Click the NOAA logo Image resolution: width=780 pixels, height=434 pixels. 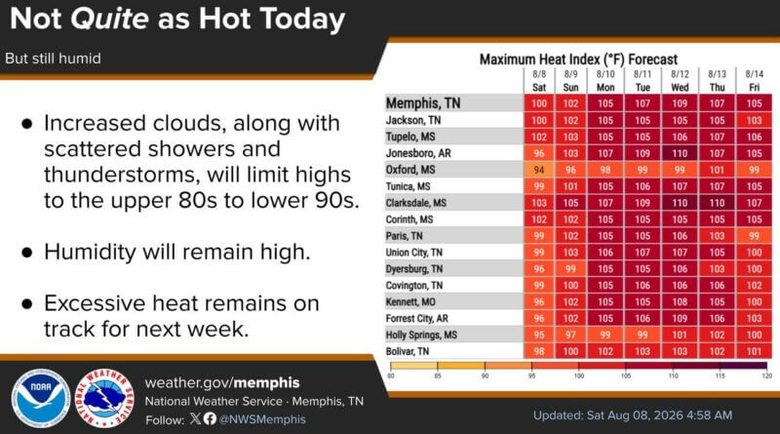pyautogui.click(x=41, y=399)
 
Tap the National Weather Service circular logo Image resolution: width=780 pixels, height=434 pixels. pyautogui.click(x=104, y=399)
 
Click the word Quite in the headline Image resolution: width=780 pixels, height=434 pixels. pyautogui.click(x=109, y=19)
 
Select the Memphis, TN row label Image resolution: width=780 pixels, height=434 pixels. pyautogui.click(x=423, y=103)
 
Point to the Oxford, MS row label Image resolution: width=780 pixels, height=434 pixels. pyautogui.click(x=410, y=170)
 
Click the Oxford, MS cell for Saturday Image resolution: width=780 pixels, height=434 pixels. pyautogui.click(x=539, y=170)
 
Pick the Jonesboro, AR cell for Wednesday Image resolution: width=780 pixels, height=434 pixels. pyautogui.click(x=680, y=153)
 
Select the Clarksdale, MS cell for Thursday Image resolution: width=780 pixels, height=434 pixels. pyautogui.click(x=717, y=203)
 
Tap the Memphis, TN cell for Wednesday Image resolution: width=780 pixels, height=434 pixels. pyautogui.click(x=680, y=103)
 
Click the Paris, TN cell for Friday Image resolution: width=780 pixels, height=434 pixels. pyautogui.click(x=754, y=236)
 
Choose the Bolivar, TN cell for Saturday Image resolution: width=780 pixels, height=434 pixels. pyautogui.click(x=539, y=351)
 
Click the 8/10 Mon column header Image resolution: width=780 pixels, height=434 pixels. pyautogui.click(x=605, y=81)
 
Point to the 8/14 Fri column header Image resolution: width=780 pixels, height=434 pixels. pyautogui.click(x=754, y=81)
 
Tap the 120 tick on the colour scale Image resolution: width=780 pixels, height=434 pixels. pyautogui.click(x=767, y=375)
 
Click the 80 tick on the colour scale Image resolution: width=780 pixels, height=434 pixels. pyautogui.click(x=391, y=375)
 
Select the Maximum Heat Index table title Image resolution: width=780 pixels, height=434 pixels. pyautogui.click(x=578, y=59)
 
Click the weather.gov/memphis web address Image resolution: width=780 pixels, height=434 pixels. pyautogui.click(x=222, y=382)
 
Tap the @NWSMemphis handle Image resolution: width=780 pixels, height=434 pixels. pyautogui.click(x=262, y=419)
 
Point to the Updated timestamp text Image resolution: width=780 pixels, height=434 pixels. pyautogui.click(x=633, y=415)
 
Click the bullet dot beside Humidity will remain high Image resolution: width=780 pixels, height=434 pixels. pyautogui.click(x=27, y=253)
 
